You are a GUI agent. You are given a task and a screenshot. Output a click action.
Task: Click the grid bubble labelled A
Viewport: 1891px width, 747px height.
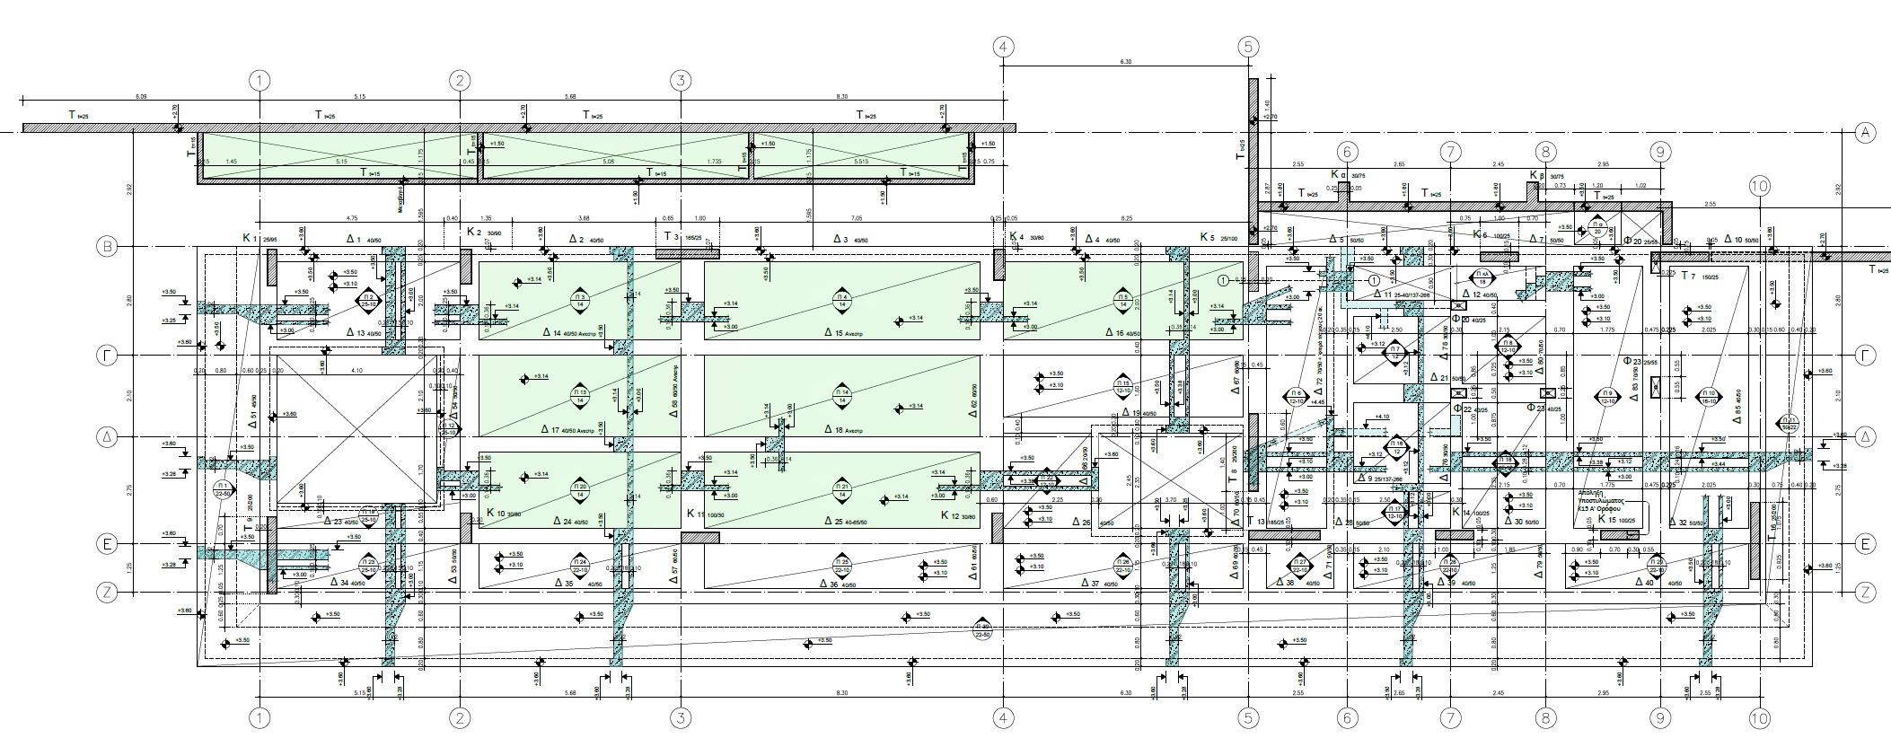[x=1866, y=133]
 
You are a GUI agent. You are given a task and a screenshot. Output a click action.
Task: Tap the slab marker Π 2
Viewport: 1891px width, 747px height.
[x=367, y=299]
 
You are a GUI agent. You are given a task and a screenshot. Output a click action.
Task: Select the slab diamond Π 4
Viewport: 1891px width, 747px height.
[x=842, y=301]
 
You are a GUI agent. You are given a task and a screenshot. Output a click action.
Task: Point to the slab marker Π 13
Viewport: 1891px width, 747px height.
[x=579, y=395]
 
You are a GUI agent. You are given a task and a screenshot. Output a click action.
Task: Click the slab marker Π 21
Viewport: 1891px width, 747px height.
[x=842, y=490]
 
